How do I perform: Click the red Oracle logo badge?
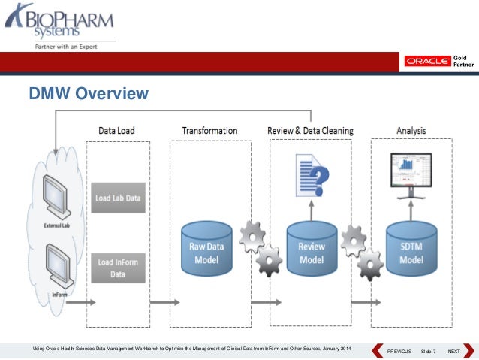[428, 61]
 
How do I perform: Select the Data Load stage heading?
[116, 131]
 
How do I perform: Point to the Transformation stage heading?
[209, 131]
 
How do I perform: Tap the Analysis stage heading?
[411, 131]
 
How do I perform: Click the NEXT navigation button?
[453, 352]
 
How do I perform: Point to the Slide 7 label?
[428, 352]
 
